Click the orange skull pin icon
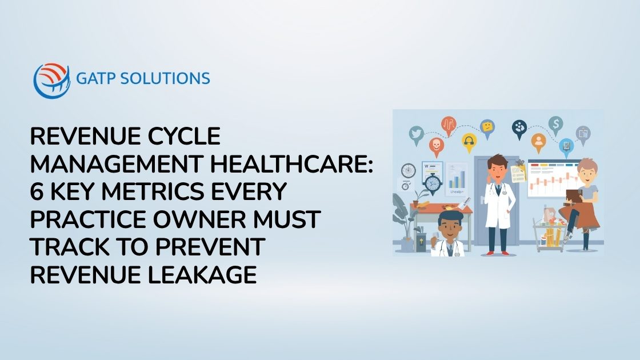[x=436, y=147]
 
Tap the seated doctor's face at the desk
[x=447, y=223]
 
